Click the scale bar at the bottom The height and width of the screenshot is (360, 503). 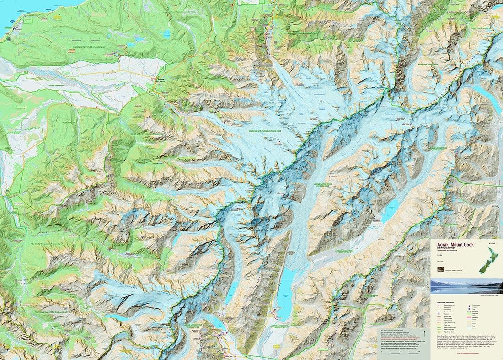pos(402,352)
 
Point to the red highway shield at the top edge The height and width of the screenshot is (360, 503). pos(232,4)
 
